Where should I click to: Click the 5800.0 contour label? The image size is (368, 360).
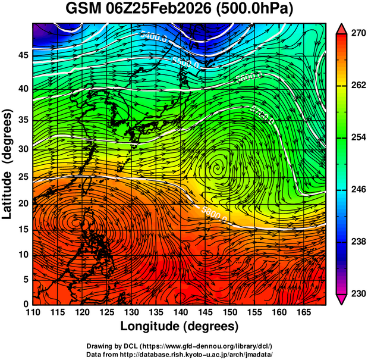[214, 212]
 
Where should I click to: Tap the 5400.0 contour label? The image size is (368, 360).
[153, 36]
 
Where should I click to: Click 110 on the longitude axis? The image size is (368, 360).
[33, 312]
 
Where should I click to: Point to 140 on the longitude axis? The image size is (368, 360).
[180, 312]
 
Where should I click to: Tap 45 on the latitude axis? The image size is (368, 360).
[23, 55]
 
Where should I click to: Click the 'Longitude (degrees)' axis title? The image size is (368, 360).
[179, 326]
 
